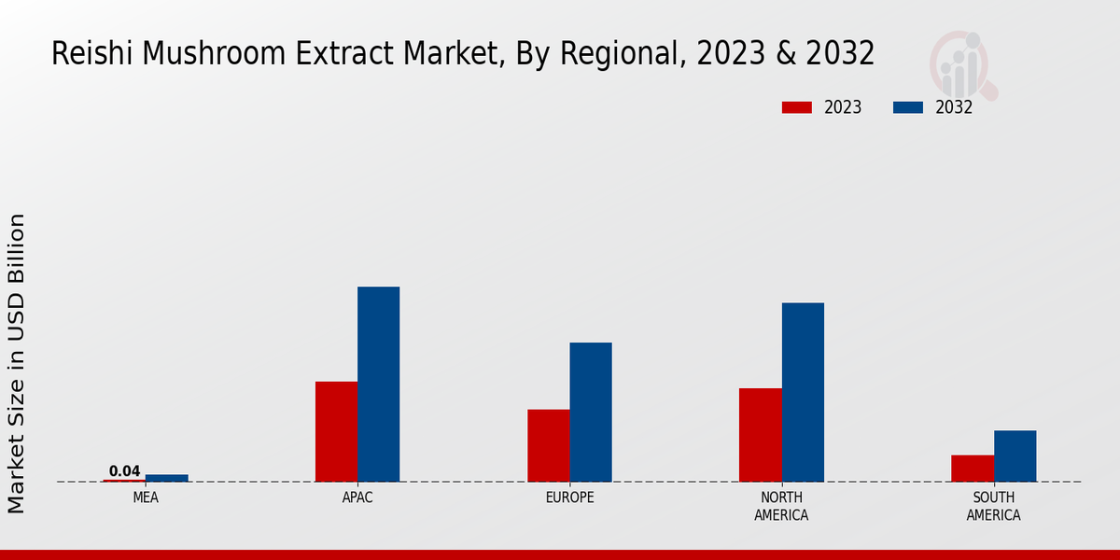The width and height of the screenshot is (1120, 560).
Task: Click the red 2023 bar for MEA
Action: [x=124, y=481]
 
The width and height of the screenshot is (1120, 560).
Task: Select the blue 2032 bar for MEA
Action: [x=166, y=478]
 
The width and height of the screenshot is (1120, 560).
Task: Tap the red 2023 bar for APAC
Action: [x=336, y=431]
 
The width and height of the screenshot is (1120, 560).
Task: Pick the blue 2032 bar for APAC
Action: [x=378, y=384]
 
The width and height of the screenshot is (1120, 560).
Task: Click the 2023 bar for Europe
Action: [x=548, y=445]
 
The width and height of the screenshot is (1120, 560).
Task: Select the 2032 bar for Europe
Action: [x=591, y=412]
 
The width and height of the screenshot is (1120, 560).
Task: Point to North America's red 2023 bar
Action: [x=760, y=435]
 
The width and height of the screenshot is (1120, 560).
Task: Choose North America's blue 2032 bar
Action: [x=803, y=392]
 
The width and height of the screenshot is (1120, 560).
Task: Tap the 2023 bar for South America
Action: [x=973, y=469]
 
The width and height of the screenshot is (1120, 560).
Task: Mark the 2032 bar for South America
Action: [x=1015, y=455]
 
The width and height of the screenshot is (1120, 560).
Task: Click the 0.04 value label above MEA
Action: [x=124, y=471]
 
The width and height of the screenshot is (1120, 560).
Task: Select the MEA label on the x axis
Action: [x=146, y=498]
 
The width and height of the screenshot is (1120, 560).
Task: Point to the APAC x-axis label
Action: [x=357, y=498]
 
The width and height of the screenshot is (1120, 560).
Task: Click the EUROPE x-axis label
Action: [x=569, y=498]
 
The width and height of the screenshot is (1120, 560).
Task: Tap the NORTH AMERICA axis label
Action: [x=781, y=507]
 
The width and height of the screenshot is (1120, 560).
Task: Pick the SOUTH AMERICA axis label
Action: [x=993, y=507]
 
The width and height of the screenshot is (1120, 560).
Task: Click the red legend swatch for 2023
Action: [x=796, y=107]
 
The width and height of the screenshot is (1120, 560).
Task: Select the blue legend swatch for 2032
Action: [x=908, y=107]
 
